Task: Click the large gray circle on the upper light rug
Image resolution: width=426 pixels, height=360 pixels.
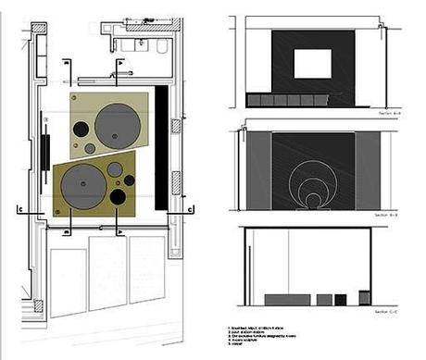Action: pos(118,125)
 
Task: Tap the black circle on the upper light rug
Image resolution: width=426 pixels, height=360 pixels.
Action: pos(81,129)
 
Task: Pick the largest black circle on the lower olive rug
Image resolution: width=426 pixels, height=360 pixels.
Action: pos(118,196)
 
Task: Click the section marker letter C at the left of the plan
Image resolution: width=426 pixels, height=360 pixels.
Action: pos(21,212)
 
